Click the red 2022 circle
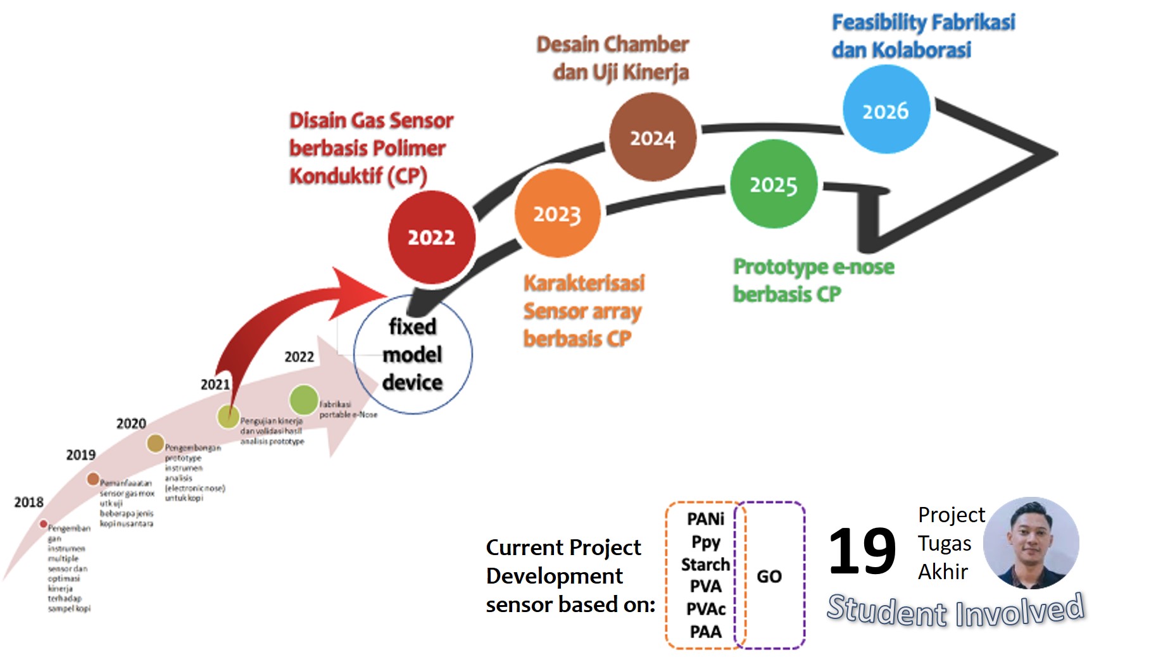click(x=431, y=237)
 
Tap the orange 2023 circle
click(x=557, y=214)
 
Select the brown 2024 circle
click(x=652, y=138)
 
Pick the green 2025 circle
click(x=773, y=184)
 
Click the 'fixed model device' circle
click(x=413, y=354)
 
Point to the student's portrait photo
click(x=1031, y=542)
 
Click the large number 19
click(x=862, y=551)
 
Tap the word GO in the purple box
click(x=769, y=577)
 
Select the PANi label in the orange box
click(x=705, y=519)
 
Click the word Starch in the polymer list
click(x=705, y=564)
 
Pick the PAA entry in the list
click(x=705, y=632)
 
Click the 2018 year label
click(x=28, y=503)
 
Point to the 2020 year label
click(x=131, y=423)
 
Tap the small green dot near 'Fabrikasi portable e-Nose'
click(x=304, y=399)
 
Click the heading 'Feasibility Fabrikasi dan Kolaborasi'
click(x=922, y=36)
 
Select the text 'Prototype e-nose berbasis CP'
click(x=814, y=280)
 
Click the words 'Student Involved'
click(x=955, y=610)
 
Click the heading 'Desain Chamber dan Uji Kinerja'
click(x=613, y=58)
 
